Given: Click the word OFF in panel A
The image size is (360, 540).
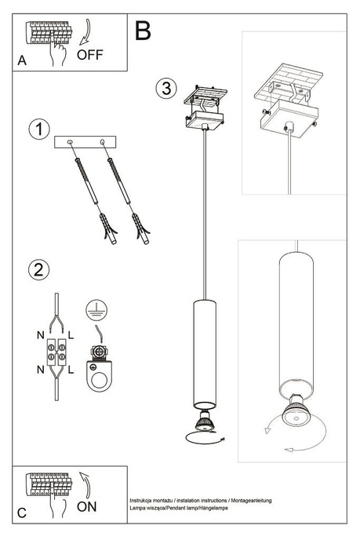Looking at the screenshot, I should click(91, 54).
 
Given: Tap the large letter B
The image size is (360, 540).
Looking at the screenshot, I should click(144, 31).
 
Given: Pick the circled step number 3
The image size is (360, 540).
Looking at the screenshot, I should click(165, 88).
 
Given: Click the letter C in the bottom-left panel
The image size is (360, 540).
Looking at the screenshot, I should click(23, 513).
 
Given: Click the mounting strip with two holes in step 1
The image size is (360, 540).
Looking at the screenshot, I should click(85, 143).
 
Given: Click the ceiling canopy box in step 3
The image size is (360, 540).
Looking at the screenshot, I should click(204, 122).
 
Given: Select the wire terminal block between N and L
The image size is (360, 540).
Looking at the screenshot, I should click(55, 352).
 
